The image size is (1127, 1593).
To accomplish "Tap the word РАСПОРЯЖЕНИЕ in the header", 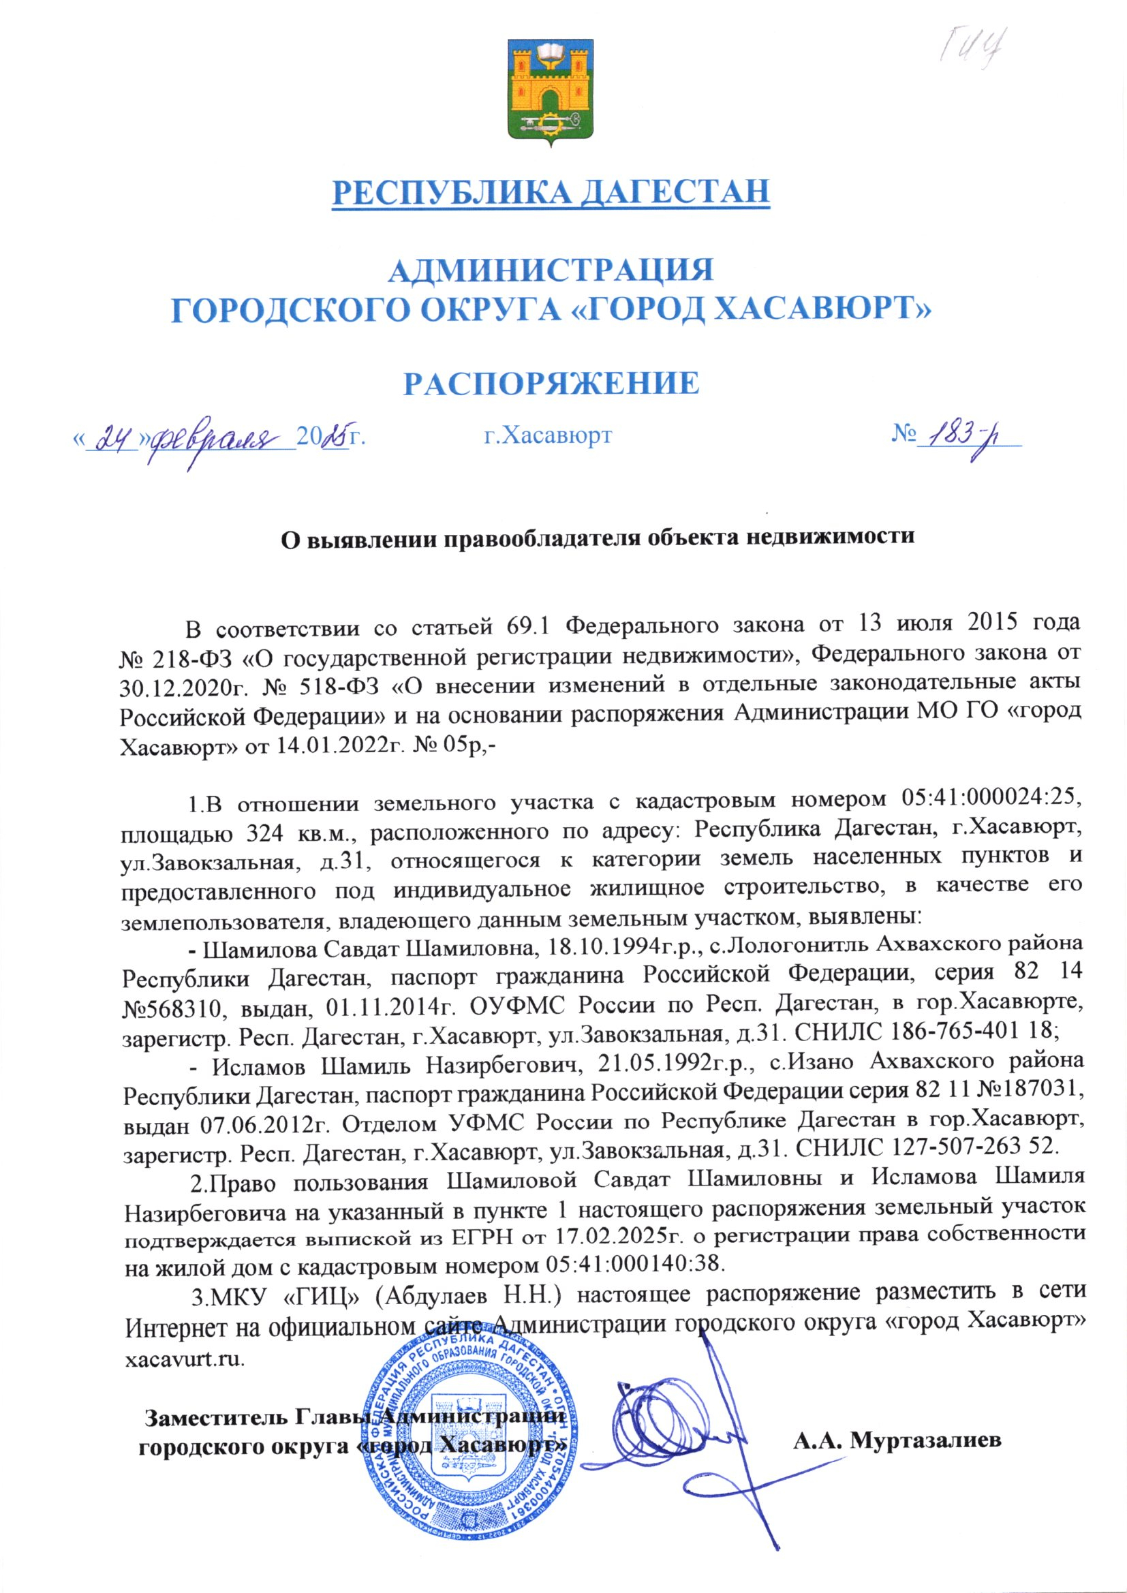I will (552, 382).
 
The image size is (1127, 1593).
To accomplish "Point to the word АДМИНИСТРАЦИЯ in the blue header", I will (552, 270).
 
